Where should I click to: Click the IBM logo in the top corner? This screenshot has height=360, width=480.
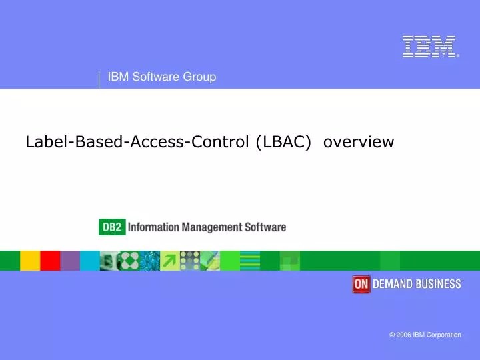pos(429,47)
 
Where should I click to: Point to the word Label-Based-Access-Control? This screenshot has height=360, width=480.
pos(138,142)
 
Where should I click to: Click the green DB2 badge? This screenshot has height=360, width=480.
pos(111,227)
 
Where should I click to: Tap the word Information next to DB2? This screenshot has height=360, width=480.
pos(153,227)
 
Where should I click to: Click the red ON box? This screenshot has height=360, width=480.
pos(361,284)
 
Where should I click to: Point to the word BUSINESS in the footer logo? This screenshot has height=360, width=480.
pos(439,284)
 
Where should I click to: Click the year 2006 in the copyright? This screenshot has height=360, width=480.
pos(404,335)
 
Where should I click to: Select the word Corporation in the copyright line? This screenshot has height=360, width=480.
pos(444,335)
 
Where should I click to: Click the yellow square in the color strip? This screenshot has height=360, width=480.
pos(30,261)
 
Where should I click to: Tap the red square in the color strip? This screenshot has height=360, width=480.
pos(50,261)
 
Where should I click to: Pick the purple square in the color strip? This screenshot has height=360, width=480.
pos(70,261)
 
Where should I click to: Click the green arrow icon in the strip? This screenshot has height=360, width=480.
pos(170,261)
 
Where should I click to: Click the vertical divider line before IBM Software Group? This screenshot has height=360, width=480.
pos(99,79)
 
